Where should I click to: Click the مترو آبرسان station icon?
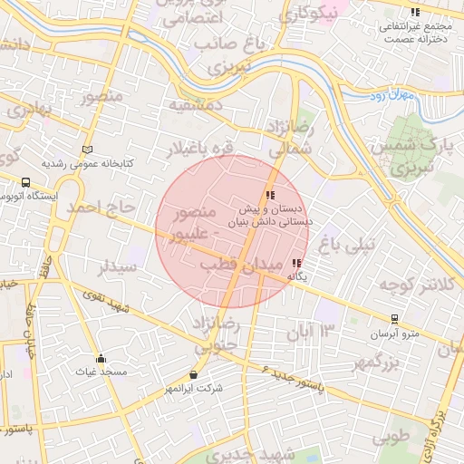click(x=394, y=319)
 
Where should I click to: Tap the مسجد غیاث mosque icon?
click(x=101, y=358)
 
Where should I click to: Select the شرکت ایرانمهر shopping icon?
click(x=193, y=374)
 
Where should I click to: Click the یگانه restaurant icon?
click(x=296, y=263)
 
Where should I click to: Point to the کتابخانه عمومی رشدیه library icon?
click(x=87, y=150)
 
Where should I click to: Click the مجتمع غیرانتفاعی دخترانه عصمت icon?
click(x=414, y=13)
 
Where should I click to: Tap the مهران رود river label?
click(x=391, y=93)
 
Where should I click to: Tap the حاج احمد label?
click(x=87, y=209)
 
